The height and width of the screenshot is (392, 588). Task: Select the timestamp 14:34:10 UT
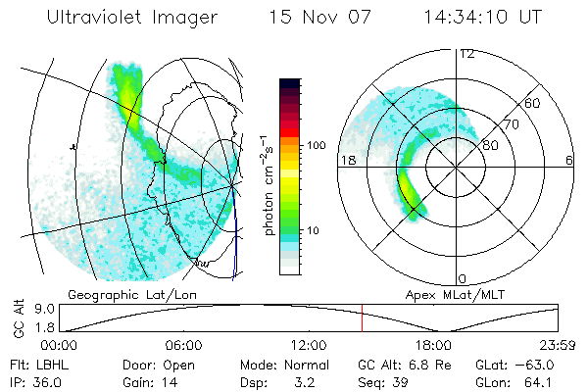pos(484,19)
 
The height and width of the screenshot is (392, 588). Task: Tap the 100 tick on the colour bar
pos(316,145)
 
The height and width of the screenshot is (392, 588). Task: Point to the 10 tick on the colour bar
pos(316,230)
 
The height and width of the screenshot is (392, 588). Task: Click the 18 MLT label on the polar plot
pos(346,161)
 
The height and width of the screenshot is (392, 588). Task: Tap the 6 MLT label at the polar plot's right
pos(569,161)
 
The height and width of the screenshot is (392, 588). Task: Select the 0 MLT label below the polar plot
pos(463,278)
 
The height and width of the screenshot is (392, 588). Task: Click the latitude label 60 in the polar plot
pos(533,103)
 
